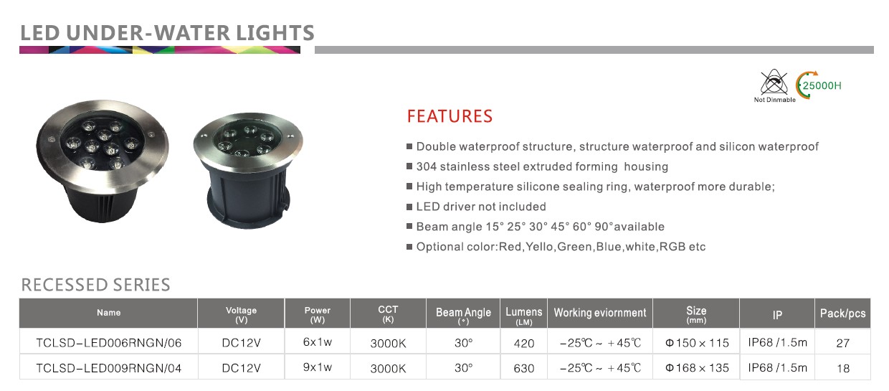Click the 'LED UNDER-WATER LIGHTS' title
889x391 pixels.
[x=167, y=32]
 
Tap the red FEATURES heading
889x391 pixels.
[x=450, y=116]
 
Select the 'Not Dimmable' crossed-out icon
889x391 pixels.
[x=774, y=85]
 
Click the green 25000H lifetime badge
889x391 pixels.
[x=818, y=85]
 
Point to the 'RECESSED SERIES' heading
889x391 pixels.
[x=95, y=285]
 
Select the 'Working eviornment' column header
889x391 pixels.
[x=599, y=313]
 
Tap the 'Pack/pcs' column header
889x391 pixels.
[x=842, y=314]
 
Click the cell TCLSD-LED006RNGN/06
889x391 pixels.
[x=109, y=343]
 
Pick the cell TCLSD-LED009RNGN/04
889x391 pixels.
[x=109, y=368]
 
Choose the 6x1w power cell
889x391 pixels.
[x=317, y=342]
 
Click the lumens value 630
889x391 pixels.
[x=524, y=368]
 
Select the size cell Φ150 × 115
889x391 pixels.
[x=697, y=343]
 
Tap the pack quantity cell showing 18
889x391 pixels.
[x=843, y=368]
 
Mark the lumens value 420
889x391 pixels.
[x=524, y=344]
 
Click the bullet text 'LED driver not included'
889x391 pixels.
[x=480, y=207]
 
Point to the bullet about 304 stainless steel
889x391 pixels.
[x=542, y=166]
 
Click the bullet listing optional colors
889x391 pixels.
[x=561, y=247]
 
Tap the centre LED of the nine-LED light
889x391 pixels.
[x=104, y=135]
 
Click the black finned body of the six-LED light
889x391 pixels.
[x=248, y=198]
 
